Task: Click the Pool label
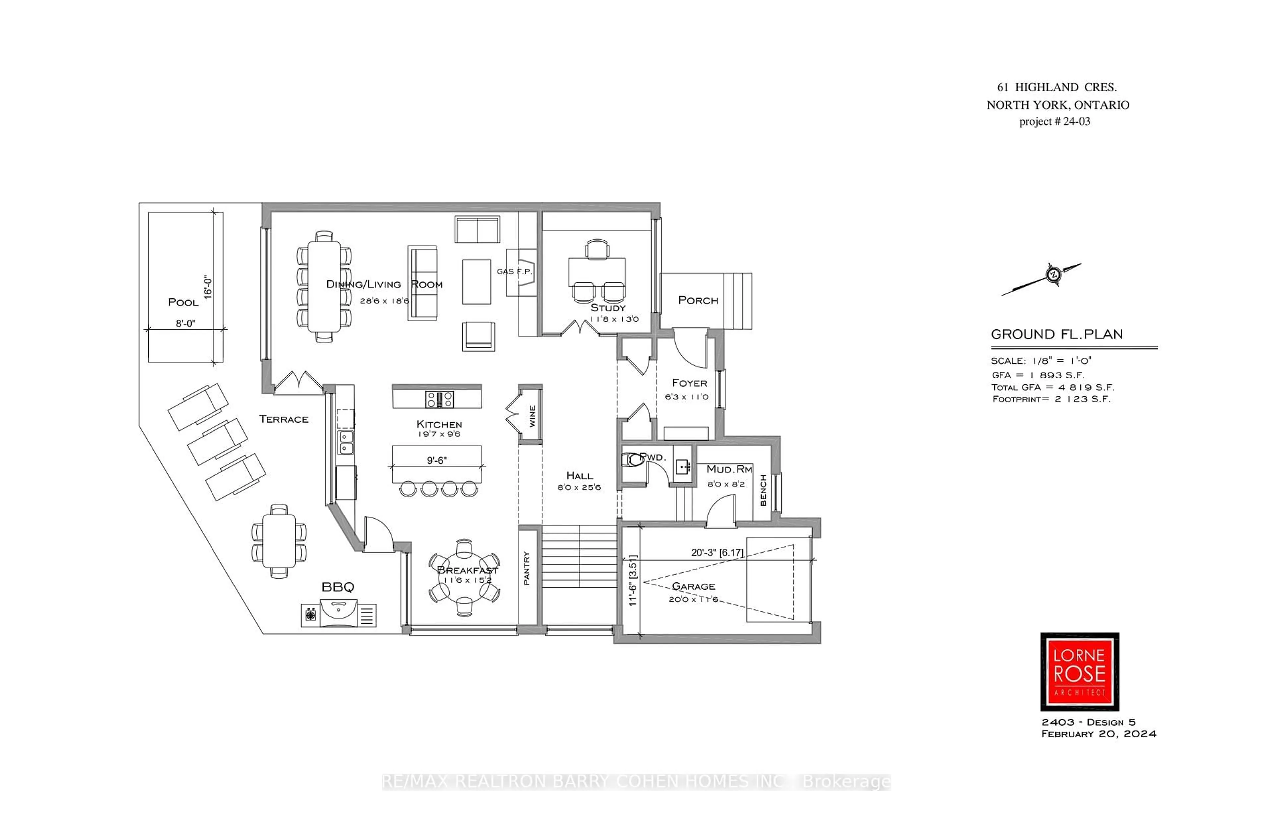(183, 302)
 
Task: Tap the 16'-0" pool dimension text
(208, 287)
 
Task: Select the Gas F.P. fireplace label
(514, 271)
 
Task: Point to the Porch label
(698, 300)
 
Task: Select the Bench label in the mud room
(763, 490)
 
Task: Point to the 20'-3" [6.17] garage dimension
(716, 553)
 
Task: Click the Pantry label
(527, 568)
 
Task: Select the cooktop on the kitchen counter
(439, 399)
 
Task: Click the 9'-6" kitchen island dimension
(436, 460)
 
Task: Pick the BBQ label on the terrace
(337, 587)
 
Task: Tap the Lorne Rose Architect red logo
(1079, 671)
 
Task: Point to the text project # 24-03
(1054, 121)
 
